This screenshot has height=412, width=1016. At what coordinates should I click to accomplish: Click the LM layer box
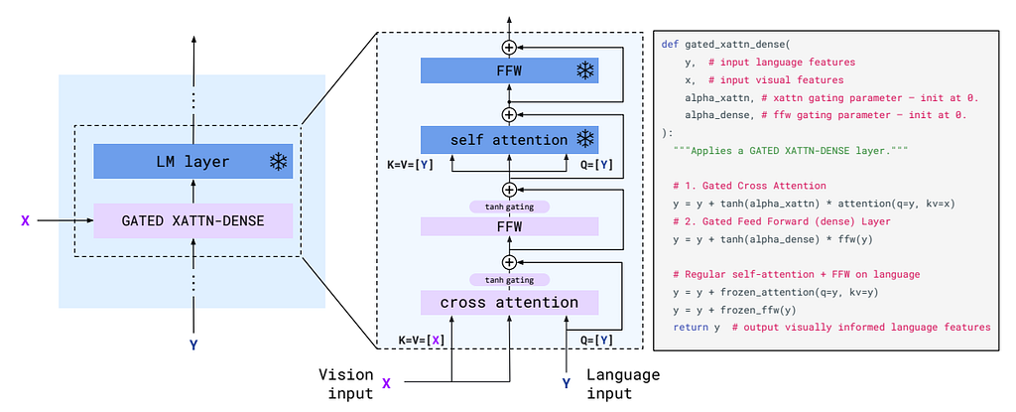[x=193, y=161]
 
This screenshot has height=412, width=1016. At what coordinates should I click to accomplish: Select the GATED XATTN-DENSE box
[x=193, y=220]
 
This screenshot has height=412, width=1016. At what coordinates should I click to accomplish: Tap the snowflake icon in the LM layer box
[x=278, y=162]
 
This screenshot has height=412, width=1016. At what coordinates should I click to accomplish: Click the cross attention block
[x=509, y=303]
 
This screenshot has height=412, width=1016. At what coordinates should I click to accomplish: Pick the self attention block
[x=509, y=140]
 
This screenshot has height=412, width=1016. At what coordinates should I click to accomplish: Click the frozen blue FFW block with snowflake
[x=509, y=70]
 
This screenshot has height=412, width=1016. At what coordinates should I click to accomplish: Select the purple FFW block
[x=509, y=226]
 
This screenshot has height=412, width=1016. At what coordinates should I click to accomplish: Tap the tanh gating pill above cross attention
[x=509, y=280]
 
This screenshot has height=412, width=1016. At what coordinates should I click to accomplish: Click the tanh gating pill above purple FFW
[x=509, y=206]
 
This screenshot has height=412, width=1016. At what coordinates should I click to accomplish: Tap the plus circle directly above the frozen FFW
[x=509, y=47]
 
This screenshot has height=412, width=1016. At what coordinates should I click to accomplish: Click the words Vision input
[x=346, y=383]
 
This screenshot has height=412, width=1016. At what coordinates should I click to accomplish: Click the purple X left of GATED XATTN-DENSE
[x=25, y=220]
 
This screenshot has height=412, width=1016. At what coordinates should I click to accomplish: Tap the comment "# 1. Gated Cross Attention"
[x=750, y=186]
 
